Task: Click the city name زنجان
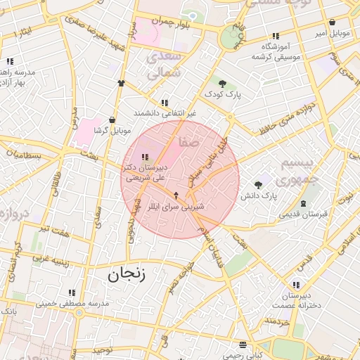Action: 127,274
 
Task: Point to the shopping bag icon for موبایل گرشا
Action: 112,120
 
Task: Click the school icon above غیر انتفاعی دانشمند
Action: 165,102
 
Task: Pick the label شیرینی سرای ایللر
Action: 184,207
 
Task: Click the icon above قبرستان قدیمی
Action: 303,203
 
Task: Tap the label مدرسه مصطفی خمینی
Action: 72,304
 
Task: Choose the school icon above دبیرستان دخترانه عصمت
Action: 296,284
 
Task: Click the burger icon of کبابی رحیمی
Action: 243,345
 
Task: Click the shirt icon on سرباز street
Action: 121,83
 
